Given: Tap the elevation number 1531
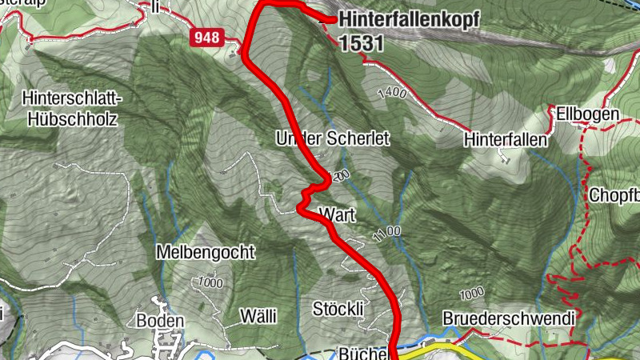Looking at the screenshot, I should coord(361,44).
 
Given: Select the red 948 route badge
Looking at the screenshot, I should coord(206,37).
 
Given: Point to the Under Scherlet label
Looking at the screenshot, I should coord(332,138).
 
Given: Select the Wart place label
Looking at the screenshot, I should coord(336,214).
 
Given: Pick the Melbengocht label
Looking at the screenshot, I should coord(206,253).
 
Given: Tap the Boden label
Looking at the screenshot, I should coord(160,321).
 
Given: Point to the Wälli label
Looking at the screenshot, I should coord(258,317).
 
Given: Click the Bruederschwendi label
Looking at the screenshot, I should coord(508,318).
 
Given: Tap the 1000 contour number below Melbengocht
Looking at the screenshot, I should coord(210,282).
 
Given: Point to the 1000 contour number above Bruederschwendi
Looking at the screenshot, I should coord(472,290).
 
